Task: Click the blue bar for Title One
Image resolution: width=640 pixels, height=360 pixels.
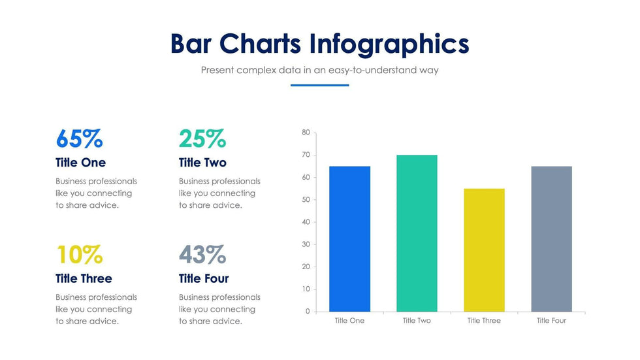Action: pyautogui.click(x=349, y=238)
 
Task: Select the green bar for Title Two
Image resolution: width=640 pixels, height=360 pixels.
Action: pyautogui.click(x=417, y=233)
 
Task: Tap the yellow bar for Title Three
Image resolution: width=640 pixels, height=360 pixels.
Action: pyautogui.click(x=484, y=250)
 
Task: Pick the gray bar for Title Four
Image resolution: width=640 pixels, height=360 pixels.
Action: pyautogui.click(x=551, y=238)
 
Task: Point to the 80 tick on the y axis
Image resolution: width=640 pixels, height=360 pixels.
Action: pyautogui.click(x=306, y=133)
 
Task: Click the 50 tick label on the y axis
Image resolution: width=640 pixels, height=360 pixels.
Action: pyautogui.click(x=306, y=200)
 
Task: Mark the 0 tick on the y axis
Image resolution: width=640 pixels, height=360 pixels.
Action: pyautogui.click(x=308, y=312)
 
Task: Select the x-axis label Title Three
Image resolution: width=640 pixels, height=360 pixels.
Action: pyautogui.click(x=484, y=321)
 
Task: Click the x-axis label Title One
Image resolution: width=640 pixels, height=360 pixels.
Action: pyautogui.click(x=349, y=321)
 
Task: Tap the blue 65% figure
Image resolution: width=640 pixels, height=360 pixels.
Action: pyautogui.click(x=79, y=139)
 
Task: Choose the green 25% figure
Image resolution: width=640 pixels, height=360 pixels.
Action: pyautogui.click(x=202, y=139)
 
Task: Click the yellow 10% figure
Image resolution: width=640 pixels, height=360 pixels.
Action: pyautogui.click(x=79, y=254)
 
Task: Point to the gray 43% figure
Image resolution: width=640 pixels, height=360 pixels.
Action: pyautogui.click(x=202, y=254)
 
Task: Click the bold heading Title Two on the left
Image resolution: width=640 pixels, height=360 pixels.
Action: pyautogui.click(x=202, y=163)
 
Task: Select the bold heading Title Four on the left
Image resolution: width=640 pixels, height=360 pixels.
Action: pyautogui.click(x=204, y=279)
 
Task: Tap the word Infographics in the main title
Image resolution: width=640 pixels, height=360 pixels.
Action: pyautogui.click(x=389, y=44)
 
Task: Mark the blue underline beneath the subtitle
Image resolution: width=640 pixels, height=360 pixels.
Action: pyautogui.click(x=319, y=85)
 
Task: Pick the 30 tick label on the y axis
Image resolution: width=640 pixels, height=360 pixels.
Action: pyautogui.click(x=306, y=244)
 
